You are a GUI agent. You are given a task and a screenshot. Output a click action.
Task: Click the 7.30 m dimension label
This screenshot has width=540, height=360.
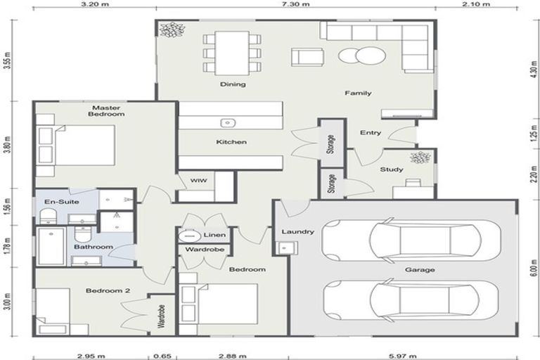point(295,4)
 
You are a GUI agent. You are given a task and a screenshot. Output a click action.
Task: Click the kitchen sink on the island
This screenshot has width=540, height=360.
point(227,123)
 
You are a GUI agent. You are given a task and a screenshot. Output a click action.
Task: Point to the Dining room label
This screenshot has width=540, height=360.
point(233,85)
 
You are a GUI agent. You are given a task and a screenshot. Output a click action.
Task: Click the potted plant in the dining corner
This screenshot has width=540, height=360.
point(169,30)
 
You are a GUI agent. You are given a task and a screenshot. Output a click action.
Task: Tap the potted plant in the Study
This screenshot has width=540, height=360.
point(420,157)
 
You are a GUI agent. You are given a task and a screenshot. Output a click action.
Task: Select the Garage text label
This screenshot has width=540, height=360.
point(419,269)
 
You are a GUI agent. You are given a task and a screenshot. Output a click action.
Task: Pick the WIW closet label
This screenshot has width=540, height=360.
point(198,181)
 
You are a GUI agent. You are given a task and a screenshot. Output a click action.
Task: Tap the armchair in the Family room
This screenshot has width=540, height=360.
point(307,56)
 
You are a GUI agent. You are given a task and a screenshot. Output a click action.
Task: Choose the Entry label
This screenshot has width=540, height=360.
point(371,133)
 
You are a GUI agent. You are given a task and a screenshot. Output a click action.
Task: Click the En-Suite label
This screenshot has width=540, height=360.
point(61,202)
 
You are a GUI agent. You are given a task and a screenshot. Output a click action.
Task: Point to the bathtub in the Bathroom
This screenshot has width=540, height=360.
point(49,247)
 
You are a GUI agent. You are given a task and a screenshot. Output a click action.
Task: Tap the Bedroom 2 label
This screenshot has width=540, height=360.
point(104,290)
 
